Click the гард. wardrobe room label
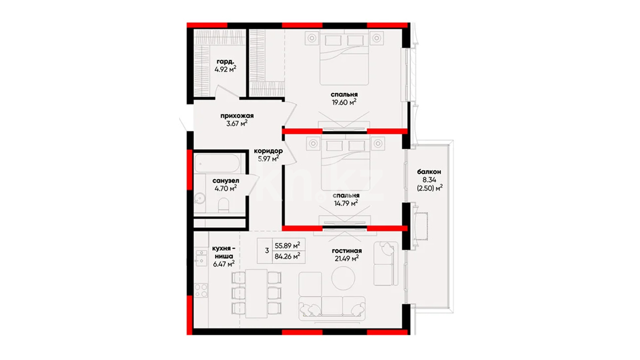(x=225, y=62)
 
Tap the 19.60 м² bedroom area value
(x=344, y=102)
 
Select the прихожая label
(x=237, y=116)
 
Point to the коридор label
(x=268, y=151)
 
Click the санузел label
(x=226, y=180)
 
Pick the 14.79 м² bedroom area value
(x=346, y=203)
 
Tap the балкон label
(x=429, y=172)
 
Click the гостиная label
(x=347, y=250)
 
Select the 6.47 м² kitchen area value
(x=224, y=264)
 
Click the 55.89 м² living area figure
(x=287, y=245)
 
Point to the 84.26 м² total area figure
(x=287, y=256)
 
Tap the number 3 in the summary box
(x=267, y=251)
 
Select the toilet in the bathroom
(x=224, y=206)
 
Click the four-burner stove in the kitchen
(x=201, y=291)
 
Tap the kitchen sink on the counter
(x=201, y=258)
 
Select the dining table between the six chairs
(x=256, y=293)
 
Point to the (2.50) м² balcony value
(x=430, y=188)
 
